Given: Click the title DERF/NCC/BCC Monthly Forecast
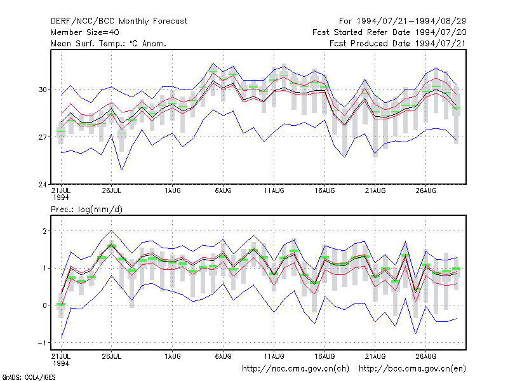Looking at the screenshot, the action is point(119,22).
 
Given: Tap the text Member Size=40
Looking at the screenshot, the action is point(85,32).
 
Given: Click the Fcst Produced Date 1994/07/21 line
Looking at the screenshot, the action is point(398,43).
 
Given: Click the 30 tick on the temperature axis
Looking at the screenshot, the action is point(43,90).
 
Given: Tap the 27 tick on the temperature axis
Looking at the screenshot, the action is point(43,137).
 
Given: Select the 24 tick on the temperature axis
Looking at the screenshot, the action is point(43,185).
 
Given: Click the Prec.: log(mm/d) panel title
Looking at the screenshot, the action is point(86,210).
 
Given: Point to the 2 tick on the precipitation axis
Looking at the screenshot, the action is point(45,231).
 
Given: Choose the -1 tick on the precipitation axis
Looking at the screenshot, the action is point(43,343).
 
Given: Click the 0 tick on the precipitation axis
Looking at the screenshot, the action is point(45,305).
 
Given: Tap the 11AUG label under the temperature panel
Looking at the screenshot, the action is point(274,190).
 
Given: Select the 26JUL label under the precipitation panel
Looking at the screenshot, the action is point(112,356).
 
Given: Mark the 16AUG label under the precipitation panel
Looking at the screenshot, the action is point(324,356).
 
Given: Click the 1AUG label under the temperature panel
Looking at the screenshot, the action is point(173,190).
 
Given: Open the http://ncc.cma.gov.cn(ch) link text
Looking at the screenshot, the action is point(296,369).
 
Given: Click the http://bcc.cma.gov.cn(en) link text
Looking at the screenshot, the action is point(413,369).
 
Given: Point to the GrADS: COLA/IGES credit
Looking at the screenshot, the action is point(29,377).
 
